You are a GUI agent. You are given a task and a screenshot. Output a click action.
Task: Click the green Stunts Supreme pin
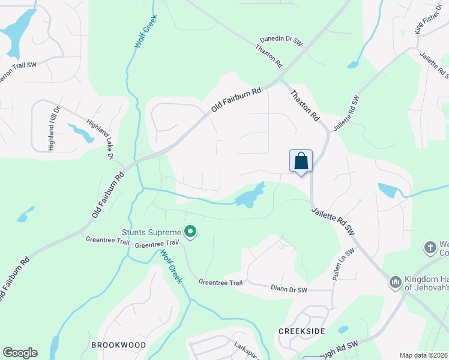pos(191,232)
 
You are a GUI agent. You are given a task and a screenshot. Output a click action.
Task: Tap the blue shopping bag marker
pos(301,161)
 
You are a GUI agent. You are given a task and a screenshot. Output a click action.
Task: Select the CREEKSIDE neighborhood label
pos(301,331)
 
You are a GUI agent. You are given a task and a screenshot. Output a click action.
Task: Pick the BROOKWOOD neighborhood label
pos(118,345)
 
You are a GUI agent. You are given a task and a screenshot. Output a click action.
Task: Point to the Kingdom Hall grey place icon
pos(395,281)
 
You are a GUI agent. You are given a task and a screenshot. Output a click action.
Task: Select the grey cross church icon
pos(430,247)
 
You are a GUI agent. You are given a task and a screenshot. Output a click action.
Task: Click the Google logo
pos(20,352)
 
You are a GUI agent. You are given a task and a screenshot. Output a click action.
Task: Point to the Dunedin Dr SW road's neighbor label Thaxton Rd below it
pos(268,55)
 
